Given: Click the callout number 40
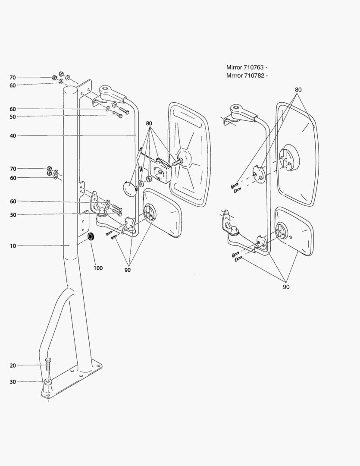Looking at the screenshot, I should click(x=13, y=135).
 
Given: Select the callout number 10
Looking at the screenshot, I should click(x=13, y=246).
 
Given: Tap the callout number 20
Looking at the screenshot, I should click(x=13, y=365).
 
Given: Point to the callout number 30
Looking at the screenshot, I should click(x=13, y=381).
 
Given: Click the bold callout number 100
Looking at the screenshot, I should click(x=98, y=268).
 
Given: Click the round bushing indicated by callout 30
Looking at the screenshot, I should click(x=48, y=381).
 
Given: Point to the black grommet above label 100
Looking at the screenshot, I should click(x=91, y=236).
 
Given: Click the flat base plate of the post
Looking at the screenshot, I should click(x=73, y=380).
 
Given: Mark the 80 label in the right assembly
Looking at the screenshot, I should click(x=298, y=90).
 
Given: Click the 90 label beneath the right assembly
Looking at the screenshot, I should click(x=286, y=287).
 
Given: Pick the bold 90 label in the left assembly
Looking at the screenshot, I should click(x=128, y=270).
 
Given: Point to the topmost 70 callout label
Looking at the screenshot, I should click(x=13, y=78).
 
